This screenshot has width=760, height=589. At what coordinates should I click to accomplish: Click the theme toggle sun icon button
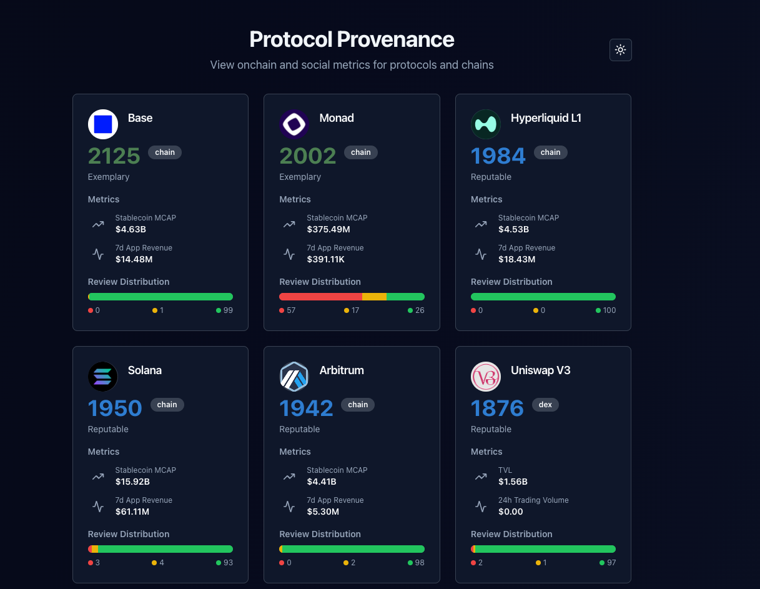[620, 50]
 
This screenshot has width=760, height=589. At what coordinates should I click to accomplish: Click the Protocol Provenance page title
[352, 39]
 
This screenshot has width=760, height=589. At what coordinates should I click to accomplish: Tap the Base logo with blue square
[103, 124]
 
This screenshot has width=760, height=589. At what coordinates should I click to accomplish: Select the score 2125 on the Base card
[114, 156]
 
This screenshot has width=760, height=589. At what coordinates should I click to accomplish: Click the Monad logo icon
[294, 124]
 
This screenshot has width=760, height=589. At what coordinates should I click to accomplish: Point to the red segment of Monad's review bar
[320, 297]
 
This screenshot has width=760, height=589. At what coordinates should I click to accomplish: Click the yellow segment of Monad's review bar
[374, 297]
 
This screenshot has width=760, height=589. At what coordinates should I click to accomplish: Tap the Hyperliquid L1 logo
[486, 124]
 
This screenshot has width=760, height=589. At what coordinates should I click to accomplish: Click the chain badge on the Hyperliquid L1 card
[550, 152]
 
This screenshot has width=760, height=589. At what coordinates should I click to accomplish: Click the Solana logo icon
[103, 377]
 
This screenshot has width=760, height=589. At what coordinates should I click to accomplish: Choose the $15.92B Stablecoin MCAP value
[132, 482]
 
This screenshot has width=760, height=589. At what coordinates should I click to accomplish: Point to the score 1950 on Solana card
[115, 408]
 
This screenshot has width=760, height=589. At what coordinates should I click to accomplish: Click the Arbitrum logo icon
[294, 377]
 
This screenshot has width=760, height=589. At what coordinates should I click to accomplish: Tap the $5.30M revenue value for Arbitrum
[323, 512]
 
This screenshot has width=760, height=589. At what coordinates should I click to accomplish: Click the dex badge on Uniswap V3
[545, 405]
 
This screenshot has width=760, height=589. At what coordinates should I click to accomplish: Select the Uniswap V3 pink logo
[486, 377]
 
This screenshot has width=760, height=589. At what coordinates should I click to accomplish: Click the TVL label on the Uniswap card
[505, 470]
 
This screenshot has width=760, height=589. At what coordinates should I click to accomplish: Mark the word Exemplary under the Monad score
[300, 177]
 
